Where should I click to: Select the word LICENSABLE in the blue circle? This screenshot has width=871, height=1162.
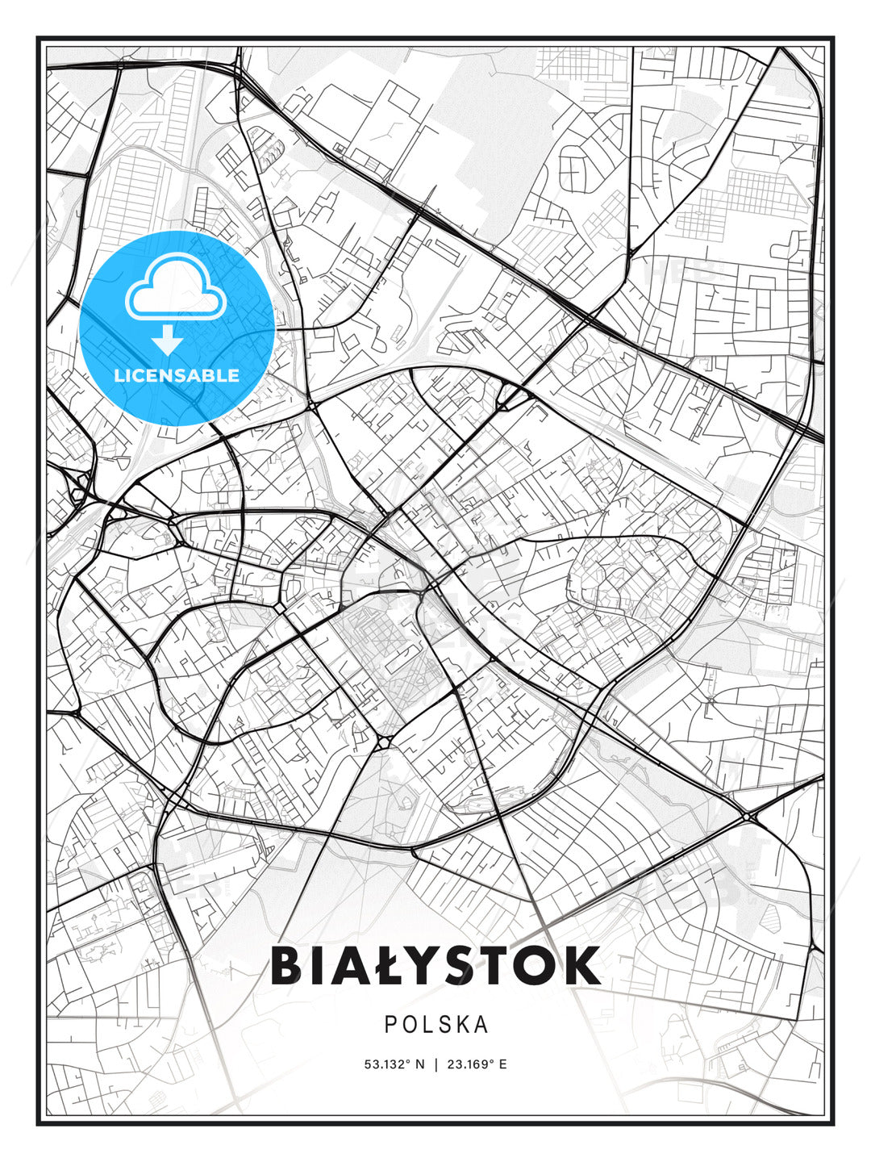pyautogui.click(x=177, y=375)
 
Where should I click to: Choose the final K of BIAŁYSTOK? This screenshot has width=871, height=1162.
pyautogui.click(x=582, y=965)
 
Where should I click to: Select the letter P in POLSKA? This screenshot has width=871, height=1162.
pyautogui.click(x=390, y=1025)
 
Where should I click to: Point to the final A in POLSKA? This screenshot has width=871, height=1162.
pyautogui.click(x=481, y=1025)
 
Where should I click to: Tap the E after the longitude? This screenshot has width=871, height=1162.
pyautogui.click(x=503, y=1064)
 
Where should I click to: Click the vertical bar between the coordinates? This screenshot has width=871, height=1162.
pyautogui.click(x=436, y=1064)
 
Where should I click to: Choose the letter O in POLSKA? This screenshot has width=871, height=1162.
pyautogui.click(x=410, y=1025)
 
